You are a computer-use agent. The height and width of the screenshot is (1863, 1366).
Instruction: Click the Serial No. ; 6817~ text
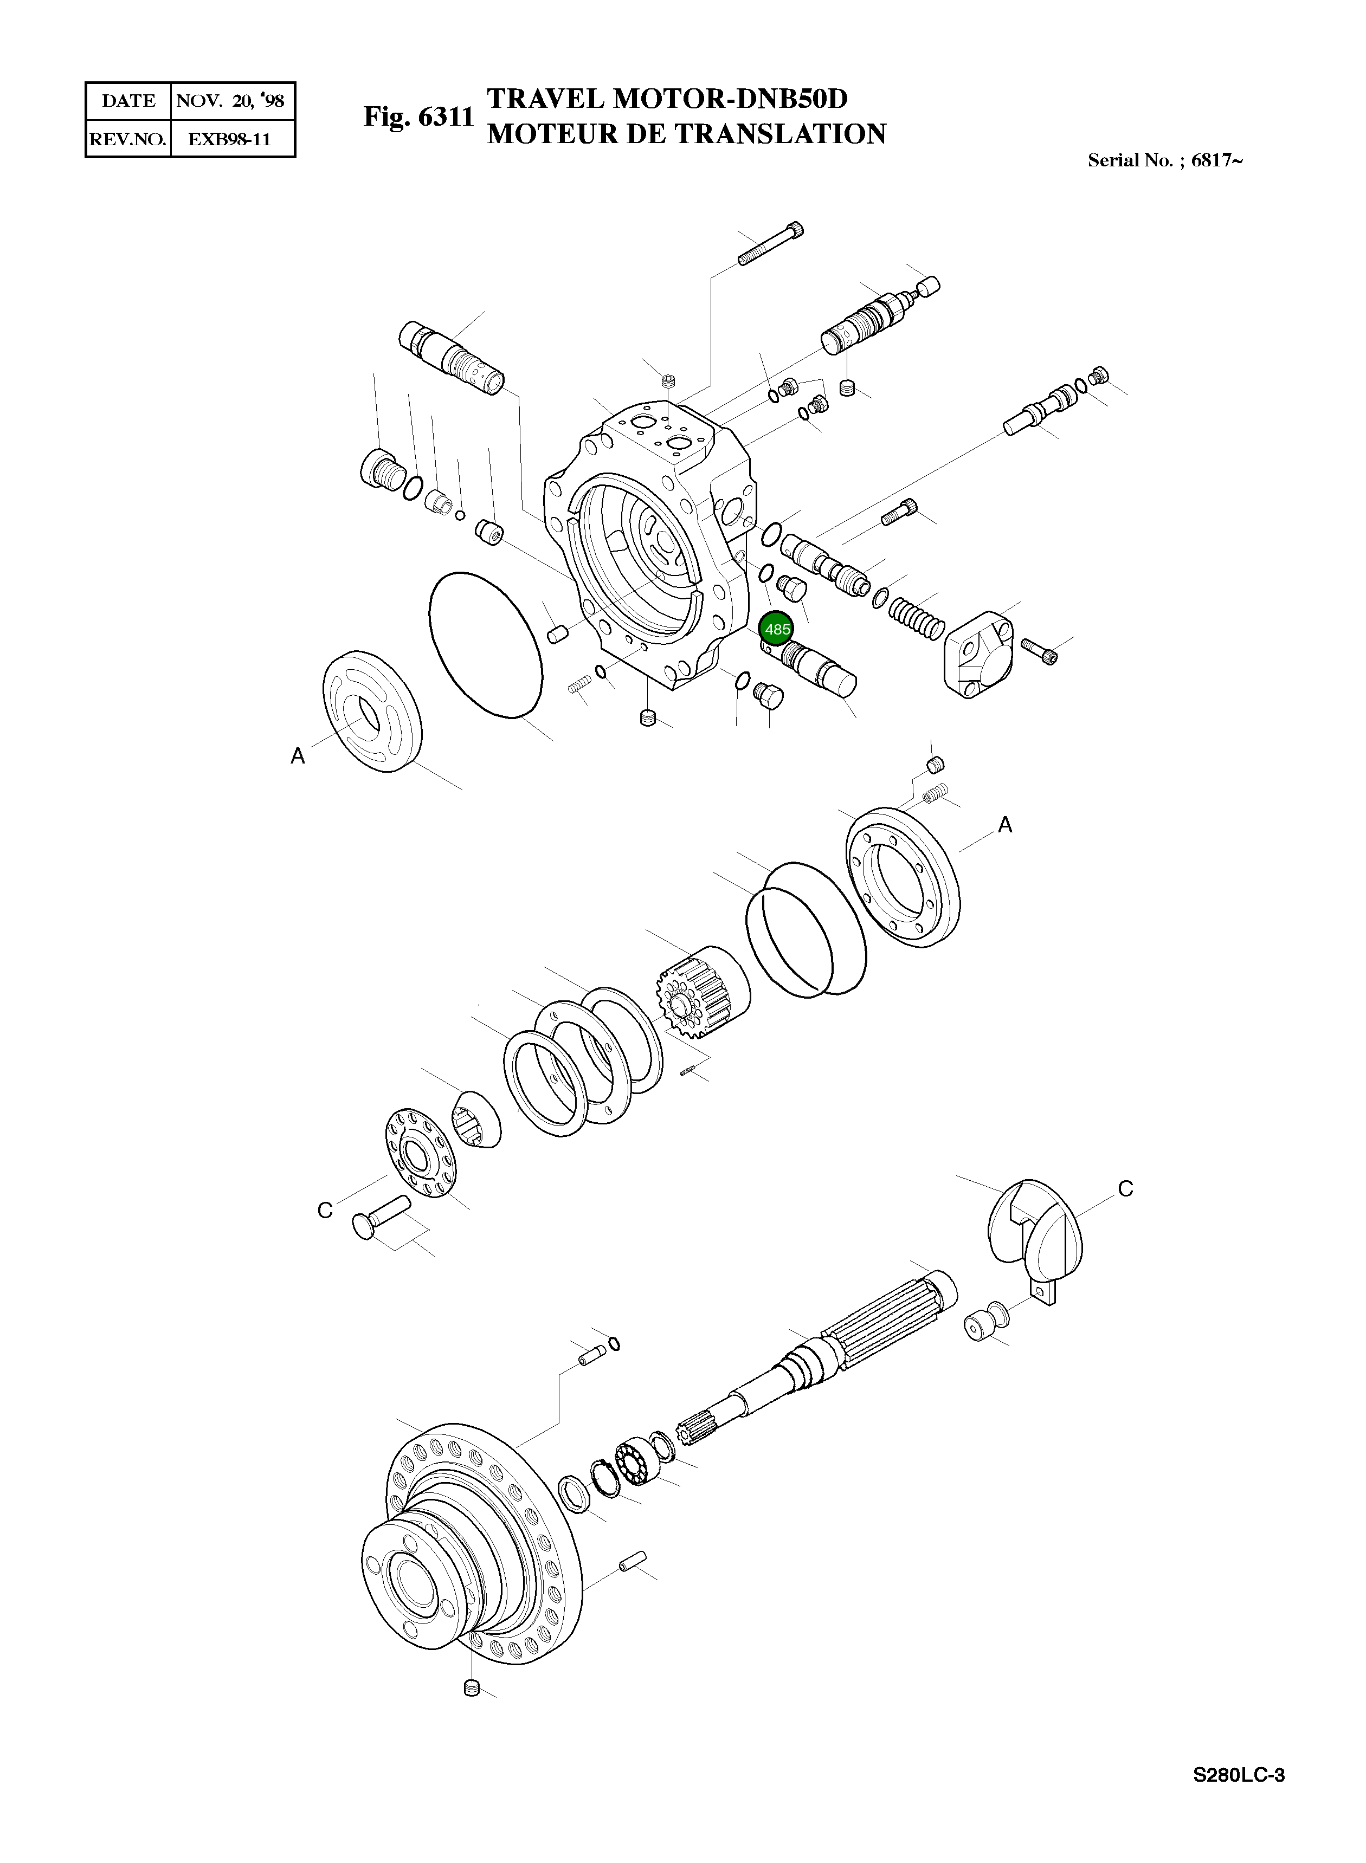click(x=1164, y=160)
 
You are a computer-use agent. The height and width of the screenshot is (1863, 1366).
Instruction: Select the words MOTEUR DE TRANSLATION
click(x=686, y=134)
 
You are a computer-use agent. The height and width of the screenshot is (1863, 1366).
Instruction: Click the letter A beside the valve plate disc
click(x=298, y=755)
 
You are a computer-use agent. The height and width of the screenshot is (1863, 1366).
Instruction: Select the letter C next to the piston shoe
click(x=325, y=1210)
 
